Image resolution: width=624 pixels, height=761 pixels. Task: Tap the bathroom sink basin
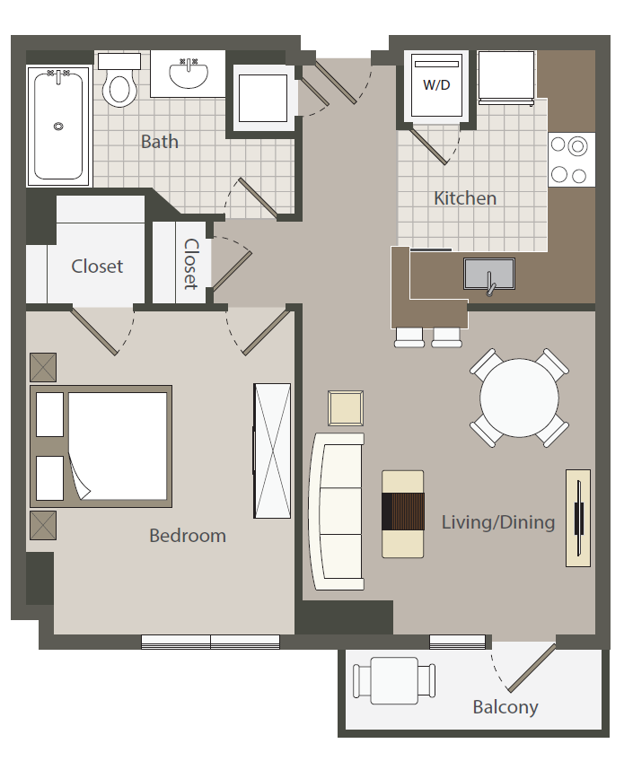point(189,75)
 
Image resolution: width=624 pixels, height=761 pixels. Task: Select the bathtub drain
point(58,127)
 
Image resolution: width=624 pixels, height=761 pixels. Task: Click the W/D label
point(436,85)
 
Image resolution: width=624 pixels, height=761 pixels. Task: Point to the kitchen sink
point(489,275)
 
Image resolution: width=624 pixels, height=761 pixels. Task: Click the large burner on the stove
point(577,146)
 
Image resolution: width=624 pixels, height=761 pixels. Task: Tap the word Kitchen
point(465,198)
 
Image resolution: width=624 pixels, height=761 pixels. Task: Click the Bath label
point(159,142)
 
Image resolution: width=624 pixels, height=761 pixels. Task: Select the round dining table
point(519,398)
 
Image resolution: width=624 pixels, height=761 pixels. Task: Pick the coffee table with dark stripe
point(402,514)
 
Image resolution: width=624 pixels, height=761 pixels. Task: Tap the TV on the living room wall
point(578,518)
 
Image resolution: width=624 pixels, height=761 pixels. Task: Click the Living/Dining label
point(498,522)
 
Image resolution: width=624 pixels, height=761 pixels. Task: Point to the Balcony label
point(505,707)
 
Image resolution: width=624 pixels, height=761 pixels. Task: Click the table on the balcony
point(394,680)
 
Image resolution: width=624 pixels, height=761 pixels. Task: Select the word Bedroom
point(188,536)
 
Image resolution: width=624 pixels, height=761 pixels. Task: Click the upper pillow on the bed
point(50,415)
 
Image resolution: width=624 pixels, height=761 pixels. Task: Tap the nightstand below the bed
point(43,525)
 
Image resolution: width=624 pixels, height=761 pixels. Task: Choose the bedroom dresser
point(272,450)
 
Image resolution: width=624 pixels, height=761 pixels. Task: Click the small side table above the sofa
point(346,408)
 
